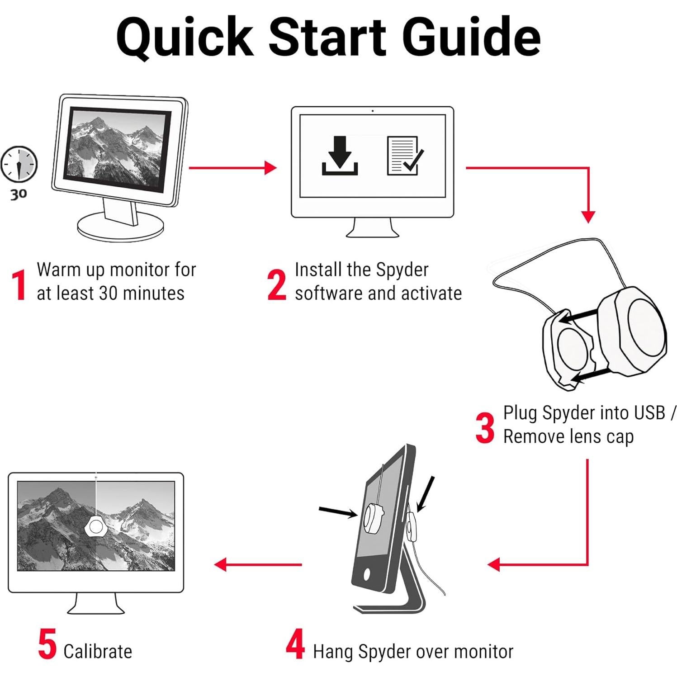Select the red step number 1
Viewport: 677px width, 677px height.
pyautogui.click(x=19, y=285)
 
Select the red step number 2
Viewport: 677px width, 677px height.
pyautogui.click(x=277, y=285)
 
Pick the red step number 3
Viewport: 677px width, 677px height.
pyautogui.click(x=485, y=428)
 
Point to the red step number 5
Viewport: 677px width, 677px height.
pyautogui.click(x=47, y=644)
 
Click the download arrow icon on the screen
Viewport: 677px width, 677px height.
pyautogui.click(x=340, y=155)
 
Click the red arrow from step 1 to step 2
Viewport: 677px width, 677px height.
pyautogui.click(x=232, y=168)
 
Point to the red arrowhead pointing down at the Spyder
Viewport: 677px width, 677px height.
pyautogui.click(x=588, y=217)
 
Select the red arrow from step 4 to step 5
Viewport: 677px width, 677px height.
pyautogui.click(x=258, y=564)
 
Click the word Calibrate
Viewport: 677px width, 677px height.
pyautogui.click(x=98, y=651)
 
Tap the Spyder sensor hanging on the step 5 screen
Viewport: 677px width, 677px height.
pyautogui.click(x=96, y=526)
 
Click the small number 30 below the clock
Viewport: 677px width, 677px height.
pyautogui.click(x=19, y=194)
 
